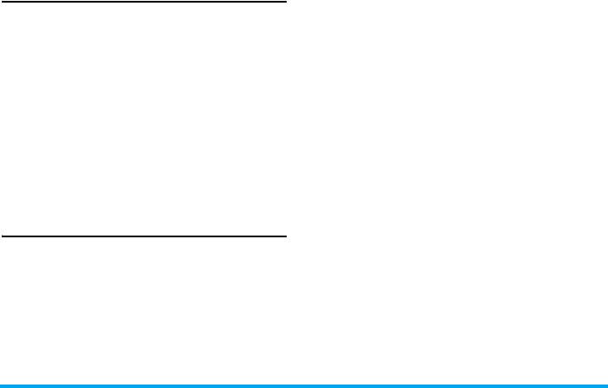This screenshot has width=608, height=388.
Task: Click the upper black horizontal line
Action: pyautogui.click(x=143, y=2)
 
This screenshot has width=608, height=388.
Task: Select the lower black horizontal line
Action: pyautogui.click(x=143, y=236)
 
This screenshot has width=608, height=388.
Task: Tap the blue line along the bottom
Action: pyautogui.click(x=304, y=385)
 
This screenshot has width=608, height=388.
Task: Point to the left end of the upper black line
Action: pyautogui.click(x=1, y=2)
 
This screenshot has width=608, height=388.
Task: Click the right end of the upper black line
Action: pyautogui.click(x=285, y=2)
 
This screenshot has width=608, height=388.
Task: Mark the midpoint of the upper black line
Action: pyautogui.click(x=143, y=2)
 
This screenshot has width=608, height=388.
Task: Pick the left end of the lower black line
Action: pyautogui.click(x=1, y=236)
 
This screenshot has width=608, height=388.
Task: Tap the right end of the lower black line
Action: pyautogui.click(x=285, y=236)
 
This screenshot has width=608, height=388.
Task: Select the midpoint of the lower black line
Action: pyautogui.click(x=143, y=236)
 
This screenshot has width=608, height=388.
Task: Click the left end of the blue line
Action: pyautogui.click(x=1, y=385)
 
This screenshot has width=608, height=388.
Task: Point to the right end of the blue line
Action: pyautogui.click(x=606, y=385)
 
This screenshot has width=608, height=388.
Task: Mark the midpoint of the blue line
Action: pyautogui.click(x=304, y=385)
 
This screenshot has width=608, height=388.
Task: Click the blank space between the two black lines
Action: pyautogui.click(x=143, y=119)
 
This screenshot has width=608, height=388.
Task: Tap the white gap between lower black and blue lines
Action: pyautogui.click(x=143, y=310)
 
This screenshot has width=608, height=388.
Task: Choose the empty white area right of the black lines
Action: pyautogui.click(x=446, y=173)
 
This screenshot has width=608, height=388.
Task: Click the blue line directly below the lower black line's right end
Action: pyautogui.click(x=285, y=385)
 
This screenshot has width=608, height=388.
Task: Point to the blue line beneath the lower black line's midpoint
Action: pyautogui.click(x=143, y=385)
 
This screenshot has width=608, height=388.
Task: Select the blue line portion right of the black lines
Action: pyautogui.click(x=446, y=385)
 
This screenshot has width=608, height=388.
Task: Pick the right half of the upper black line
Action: pyautogui.click(x=214, y=2)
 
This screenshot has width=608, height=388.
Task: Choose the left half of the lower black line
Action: pyautogui.click(x=72, y=236)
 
